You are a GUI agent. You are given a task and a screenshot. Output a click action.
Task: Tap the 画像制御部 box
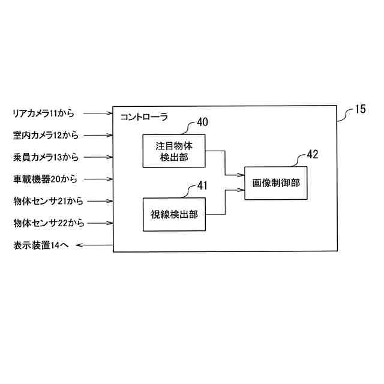(276, 182)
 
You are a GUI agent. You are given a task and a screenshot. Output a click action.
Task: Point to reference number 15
(360, 109)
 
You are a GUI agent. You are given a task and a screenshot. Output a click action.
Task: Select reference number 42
(312, 154)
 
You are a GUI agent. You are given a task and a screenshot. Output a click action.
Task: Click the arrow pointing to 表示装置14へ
(95, 245)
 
